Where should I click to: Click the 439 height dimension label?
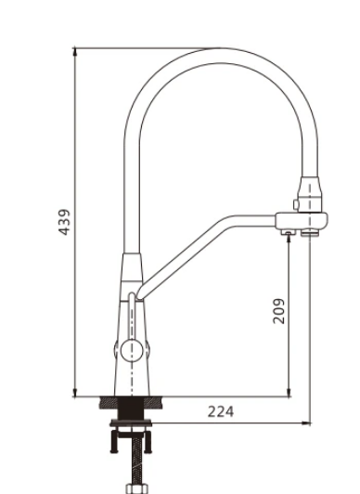click(x=64, y=222)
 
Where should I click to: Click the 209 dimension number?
click(x=278, y=311)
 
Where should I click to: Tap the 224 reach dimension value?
click(x=221, y=411)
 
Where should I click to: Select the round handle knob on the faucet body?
click(x=132, y=350)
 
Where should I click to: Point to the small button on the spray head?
click(x=296, y=204)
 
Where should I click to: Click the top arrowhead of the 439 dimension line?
click(x=75, y=52)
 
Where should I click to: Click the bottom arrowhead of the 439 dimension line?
click(x=75, y=392)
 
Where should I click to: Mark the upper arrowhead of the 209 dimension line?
click(x=289, y=240)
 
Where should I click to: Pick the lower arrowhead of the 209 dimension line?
click(x=289, y=392)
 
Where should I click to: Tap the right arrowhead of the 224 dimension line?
click(x=306, y=423)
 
